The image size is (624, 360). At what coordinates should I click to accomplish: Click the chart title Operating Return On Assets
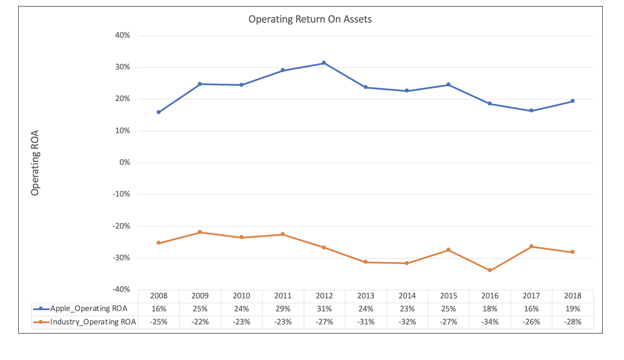point(310,20)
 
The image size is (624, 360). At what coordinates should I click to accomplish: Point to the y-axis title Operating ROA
point(35,163)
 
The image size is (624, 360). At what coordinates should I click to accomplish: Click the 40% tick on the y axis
point(122,36)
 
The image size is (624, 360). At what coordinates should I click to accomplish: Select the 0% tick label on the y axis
point(124,163)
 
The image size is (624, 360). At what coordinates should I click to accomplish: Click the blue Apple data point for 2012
point(324,63)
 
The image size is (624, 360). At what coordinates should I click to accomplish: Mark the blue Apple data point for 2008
point(158,112)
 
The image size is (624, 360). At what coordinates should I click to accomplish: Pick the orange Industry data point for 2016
point(489,270)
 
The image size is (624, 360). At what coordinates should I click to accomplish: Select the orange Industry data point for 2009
point(200,232)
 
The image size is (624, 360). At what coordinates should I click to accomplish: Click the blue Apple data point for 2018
point(572,101)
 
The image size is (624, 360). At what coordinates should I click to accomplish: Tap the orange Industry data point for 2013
point(365,262)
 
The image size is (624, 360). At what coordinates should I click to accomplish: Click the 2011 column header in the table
point(282,296)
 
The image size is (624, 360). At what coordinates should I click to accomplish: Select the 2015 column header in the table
point(448,296)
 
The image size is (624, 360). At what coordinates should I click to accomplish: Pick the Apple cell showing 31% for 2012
point(324,309)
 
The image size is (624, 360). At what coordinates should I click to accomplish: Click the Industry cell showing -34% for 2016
point(490,322)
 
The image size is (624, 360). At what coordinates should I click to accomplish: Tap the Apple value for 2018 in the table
point(573,309)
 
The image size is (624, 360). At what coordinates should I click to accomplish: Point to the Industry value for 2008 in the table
point(158,322)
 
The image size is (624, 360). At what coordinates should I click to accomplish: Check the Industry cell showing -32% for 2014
point(407,322)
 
